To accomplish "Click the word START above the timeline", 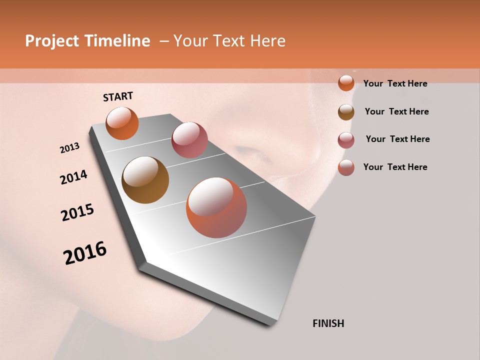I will pos(118,96).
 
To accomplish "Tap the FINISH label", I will pos(328,323).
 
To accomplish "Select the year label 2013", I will pos(70,148).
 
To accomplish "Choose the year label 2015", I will pos(77,212).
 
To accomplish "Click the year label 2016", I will pos(85,253).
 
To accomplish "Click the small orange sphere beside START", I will pos(122,123).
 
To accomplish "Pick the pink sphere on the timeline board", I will pos(189,139).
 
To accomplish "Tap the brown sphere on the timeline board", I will pos(145,180).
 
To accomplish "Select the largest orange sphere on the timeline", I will pos(216,207).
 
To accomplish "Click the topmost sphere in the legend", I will pos(346,83).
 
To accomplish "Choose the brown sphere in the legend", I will pos(346,112).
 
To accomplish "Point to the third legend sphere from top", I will pos(346,140).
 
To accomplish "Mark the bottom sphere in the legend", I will pos(346,167).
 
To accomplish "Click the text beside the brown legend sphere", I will pos(396,111).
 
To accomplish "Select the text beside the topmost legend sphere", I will pos(395,83).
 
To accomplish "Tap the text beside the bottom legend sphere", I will pos(395,167).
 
